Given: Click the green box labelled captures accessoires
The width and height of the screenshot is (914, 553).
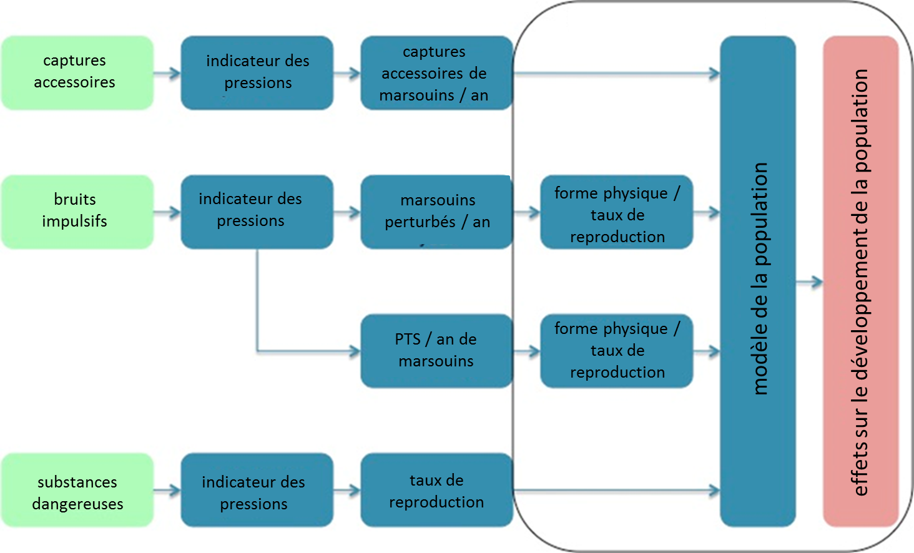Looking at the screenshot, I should [77, 72].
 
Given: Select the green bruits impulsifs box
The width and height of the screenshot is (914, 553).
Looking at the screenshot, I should [77, 212].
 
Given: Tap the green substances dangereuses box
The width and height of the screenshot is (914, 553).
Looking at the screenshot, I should [77, 490].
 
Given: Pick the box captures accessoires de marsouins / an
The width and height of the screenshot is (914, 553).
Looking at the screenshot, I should [436, 73].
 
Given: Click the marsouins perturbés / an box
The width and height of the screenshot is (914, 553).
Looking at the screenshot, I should [436, 212].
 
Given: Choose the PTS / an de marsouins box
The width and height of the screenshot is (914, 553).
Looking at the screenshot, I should [436, 351].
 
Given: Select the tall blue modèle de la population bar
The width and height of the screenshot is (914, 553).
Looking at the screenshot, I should [757, 281].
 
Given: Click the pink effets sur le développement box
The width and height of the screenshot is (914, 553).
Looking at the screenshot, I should [860, 281].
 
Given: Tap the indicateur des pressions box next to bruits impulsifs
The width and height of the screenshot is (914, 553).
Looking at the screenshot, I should [257, 212].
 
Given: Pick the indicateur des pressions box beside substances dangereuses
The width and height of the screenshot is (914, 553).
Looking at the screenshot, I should [257, 490].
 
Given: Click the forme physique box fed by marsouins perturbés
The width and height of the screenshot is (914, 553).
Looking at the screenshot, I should [616, 212].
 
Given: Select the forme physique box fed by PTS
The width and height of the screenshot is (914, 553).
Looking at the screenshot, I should [616, 351].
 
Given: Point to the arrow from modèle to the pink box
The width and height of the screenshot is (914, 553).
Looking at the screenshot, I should [810, 283].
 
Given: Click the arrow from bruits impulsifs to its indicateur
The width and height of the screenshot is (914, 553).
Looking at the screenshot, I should [167, 213].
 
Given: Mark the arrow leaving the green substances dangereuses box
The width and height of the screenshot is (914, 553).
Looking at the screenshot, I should [167, 491].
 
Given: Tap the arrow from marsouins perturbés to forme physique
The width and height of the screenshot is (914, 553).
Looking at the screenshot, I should [526, 213].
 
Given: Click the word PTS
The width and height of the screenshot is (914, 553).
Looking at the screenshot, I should [408, 340].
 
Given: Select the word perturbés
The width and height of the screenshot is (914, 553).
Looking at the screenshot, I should [420, 223].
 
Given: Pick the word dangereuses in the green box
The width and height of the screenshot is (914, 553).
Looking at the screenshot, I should [77, 504].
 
